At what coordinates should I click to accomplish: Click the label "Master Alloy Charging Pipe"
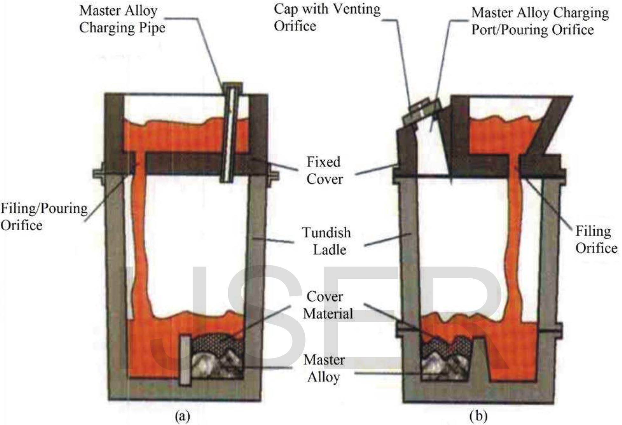coord(122,19)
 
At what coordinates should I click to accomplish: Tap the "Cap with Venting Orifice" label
coord(327,17)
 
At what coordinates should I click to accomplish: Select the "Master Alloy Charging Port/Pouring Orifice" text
coord(540,21)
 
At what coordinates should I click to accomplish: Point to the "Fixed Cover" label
coord(324,171)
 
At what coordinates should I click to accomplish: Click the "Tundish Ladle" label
coord(327,241)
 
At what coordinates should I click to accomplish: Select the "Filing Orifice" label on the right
coord(596,240)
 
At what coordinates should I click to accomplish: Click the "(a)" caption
coord(183,415)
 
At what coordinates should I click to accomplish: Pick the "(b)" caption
coord(478,415)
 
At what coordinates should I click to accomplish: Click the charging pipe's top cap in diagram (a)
coord(232,86)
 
